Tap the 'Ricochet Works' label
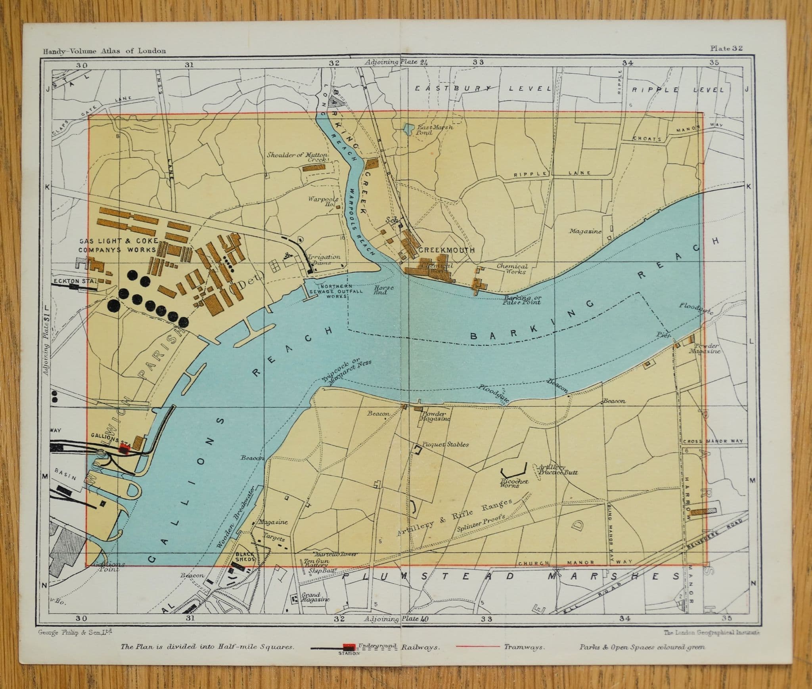click(514, 483)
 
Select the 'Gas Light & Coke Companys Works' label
click(119, 245)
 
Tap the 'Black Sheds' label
click(245, 557)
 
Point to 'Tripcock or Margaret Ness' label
click(346, 371)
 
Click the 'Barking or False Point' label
click(522, 300)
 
